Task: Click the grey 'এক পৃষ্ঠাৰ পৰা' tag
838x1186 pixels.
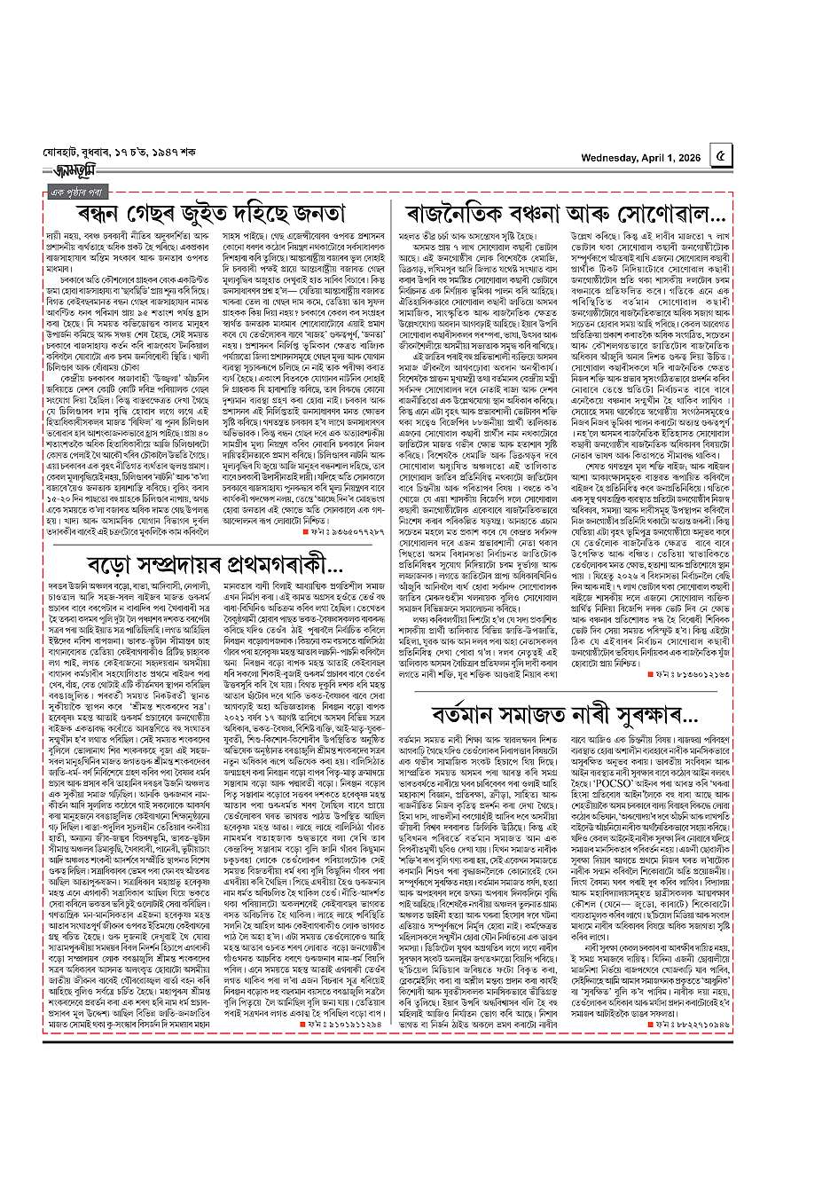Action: (78, 192)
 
